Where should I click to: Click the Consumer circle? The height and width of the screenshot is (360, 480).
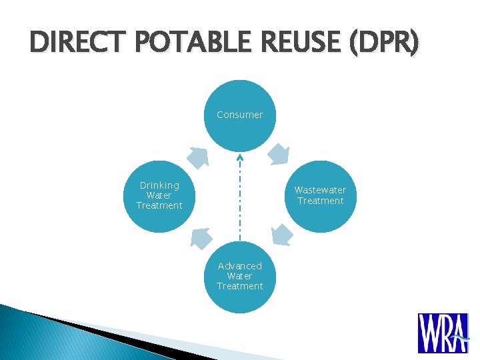tap(239, 115)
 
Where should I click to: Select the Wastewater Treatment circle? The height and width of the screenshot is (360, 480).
tap(320, 196)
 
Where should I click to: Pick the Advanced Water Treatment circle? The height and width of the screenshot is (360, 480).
tap(239, 277)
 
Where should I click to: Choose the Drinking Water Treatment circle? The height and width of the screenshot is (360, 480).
tap(159, 196)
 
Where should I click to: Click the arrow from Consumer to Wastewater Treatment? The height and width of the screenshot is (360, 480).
tap(279, 154)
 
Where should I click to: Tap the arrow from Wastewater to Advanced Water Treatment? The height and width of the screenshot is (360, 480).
tap(282, 235)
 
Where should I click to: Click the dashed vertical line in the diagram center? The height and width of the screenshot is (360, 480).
tap(239, 200)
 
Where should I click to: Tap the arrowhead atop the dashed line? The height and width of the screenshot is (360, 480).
tap(239, 157)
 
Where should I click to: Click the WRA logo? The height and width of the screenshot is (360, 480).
tap(443, 333)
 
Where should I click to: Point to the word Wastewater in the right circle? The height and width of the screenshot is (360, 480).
tap(320, 191)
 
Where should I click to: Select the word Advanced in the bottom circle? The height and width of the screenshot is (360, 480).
tap(239, 266)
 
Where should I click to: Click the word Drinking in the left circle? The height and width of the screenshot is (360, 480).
tap(159, 185)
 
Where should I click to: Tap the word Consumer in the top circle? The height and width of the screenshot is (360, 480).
tap(239, 115)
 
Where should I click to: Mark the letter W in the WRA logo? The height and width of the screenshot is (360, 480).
tap(427, 333)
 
